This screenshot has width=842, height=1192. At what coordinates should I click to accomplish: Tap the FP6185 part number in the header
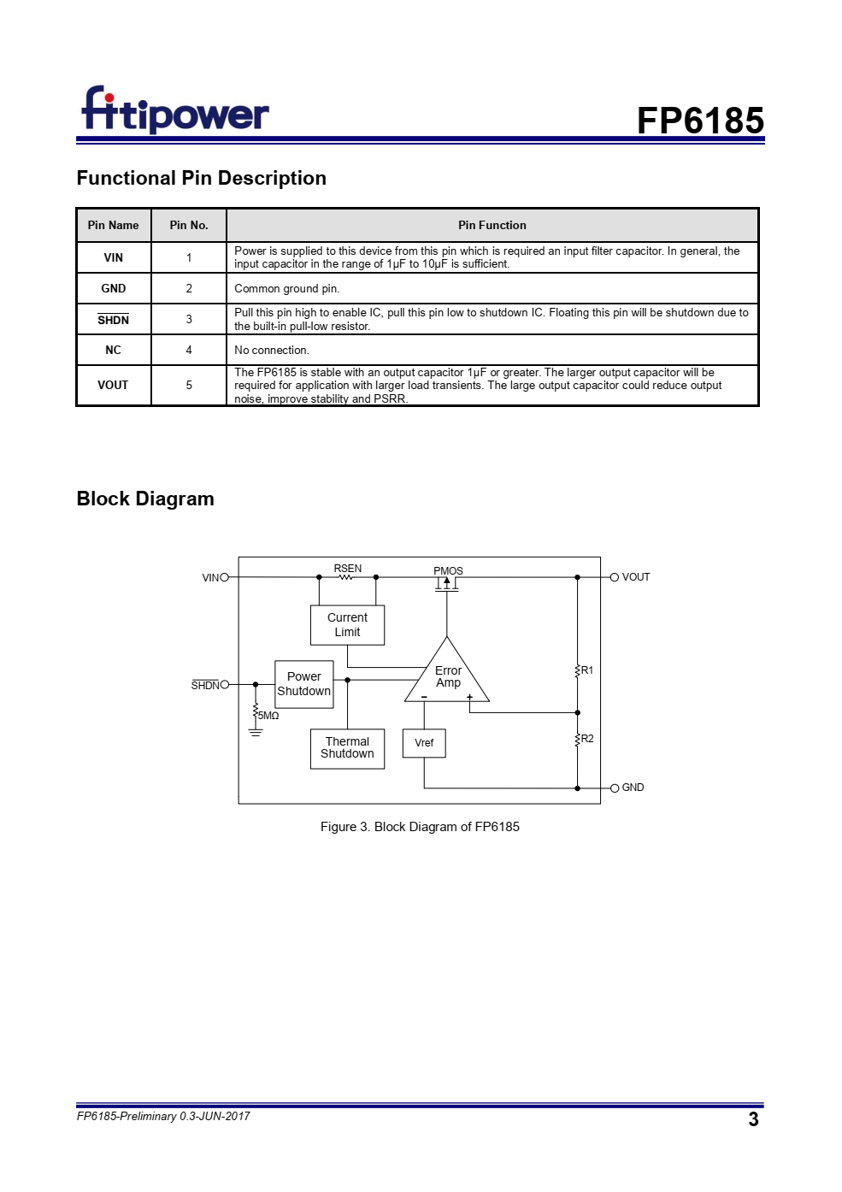click(x=699, y=121)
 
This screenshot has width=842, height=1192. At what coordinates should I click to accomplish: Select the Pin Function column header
click(x=492, y=226)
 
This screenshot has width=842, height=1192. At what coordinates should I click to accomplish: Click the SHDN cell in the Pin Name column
click(x=113, y=320)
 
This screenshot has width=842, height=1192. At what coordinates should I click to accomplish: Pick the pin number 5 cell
click(x=189, y=385)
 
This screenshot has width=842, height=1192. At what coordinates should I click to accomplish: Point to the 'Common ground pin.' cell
click(x=287, y=289)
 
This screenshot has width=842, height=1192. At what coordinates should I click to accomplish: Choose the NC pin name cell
click(x=113, y=351)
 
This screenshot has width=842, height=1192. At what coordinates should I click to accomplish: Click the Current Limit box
click(x=347, y=625)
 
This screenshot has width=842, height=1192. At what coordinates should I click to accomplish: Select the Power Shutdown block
click(x=303, y=684)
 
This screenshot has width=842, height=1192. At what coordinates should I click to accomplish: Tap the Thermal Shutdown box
click(x=347, y=748)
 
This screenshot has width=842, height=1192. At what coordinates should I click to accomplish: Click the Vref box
click(x=424, y=743)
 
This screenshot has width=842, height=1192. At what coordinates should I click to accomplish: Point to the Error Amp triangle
click(x=447, y=676)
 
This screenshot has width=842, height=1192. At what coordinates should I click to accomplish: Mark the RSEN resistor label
click(x=347, y=569)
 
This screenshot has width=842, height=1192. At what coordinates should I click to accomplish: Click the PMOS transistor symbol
click(x=447, y=583)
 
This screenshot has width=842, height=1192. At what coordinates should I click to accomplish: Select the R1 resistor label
click(x=587, y=670)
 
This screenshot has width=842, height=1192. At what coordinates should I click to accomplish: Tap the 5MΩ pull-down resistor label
click(x=268, y=716)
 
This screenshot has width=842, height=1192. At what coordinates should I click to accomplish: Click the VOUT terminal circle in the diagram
click(x=614, y=577)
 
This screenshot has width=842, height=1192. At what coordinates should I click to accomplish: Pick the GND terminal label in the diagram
click(x=633, y=788)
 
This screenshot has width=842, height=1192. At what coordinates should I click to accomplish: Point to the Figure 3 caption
click(x=420, y=827)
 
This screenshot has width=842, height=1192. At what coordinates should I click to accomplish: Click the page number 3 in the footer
click(x=753, y=1119)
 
